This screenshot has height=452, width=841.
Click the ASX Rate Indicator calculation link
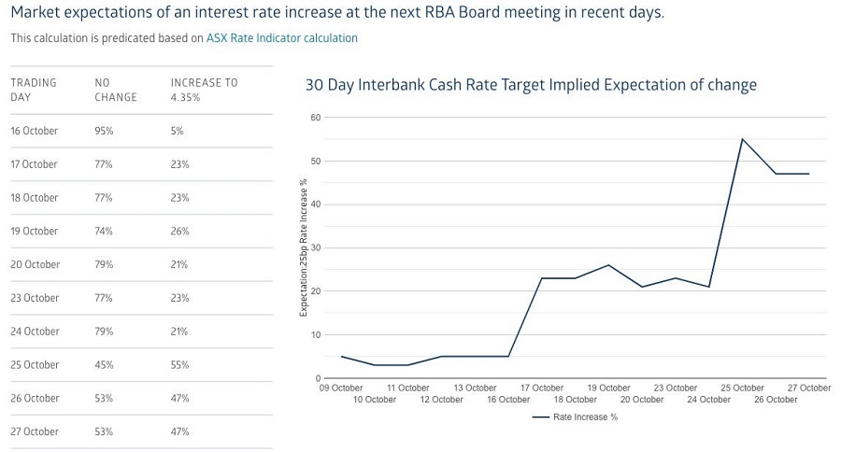281,38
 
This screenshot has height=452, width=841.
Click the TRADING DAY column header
34,90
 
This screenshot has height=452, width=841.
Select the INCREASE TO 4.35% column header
204,90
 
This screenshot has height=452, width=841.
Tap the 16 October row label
35,131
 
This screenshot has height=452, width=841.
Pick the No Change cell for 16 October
104,131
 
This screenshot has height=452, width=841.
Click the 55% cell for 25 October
179,365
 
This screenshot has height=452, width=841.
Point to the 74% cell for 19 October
104,232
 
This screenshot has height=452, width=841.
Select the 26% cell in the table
179,232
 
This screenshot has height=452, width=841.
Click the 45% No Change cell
104,365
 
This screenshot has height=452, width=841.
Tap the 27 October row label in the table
35,431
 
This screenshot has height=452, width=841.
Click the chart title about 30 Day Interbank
531,85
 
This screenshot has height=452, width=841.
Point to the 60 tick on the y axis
315,118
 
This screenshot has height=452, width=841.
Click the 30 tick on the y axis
315,247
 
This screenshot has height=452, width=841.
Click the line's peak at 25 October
742,139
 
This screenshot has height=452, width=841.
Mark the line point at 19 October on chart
608,265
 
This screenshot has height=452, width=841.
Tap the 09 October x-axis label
340,388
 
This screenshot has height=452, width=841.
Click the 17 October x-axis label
541,388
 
